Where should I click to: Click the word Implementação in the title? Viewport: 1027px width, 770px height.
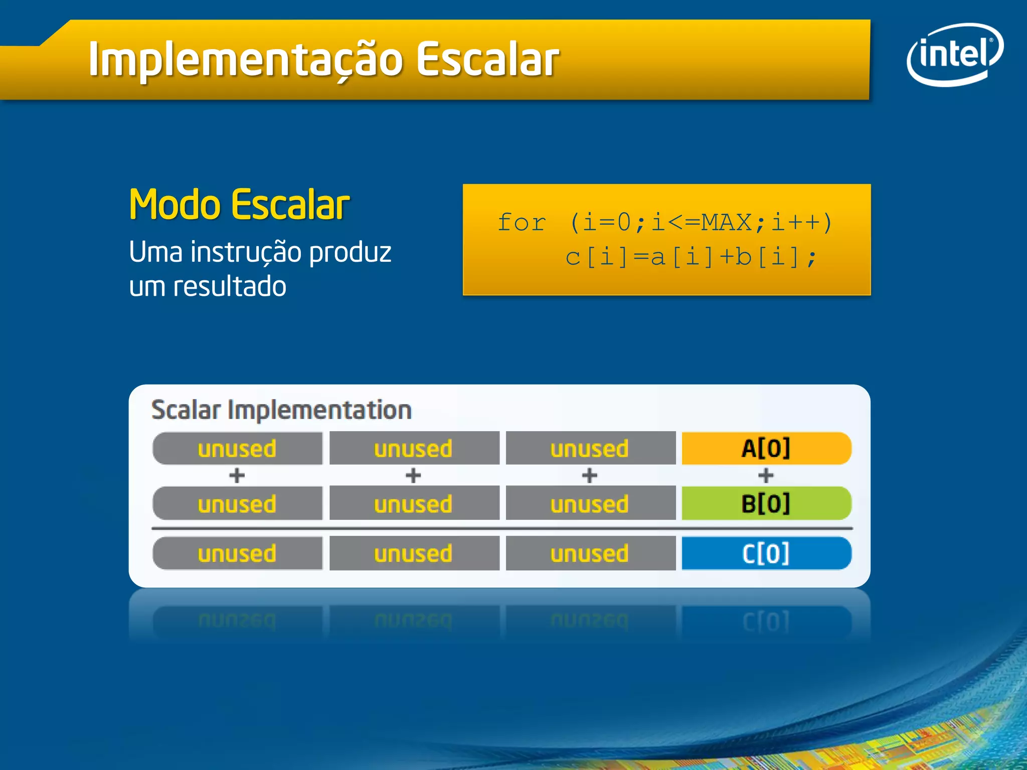pos(246,60)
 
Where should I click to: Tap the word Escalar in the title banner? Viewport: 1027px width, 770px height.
pos(487,60)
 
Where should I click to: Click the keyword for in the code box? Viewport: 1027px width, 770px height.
pos(521,222)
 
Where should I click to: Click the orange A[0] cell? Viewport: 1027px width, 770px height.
pos(766,448)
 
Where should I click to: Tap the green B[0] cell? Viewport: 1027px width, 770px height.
pos(766,503)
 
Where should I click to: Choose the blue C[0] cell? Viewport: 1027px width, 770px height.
pos(766,553)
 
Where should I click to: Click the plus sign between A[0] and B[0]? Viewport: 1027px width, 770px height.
pos(766,475)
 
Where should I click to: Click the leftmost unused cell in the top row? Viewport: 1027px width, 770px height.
pos(237,448)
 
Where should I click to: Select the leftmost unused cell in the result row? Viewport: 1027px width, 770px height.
pos(237,553)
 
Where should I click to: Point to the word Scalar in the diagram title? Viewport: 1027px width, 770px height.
pos(186,410)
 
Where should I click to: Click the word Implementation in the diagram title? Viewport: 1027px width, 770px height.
pos(319,410)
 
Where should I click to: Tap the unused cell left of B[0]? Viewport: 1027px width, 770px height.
pos(590,503)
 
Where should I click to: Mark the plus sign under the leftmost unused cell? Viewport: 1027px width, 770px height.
pos(237,475)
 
